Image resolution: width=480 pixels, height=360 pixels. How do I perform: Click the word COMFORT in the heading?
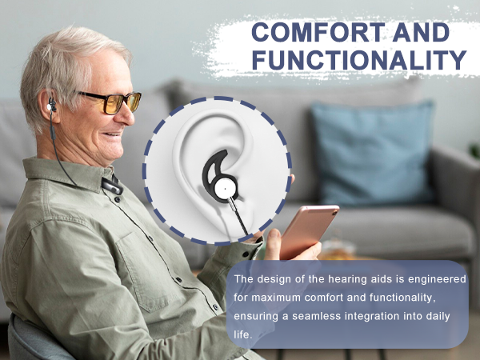tap(318, 32)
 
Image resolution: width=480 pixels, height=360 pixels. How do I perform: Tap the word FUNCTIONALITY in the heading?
tap(358, 59)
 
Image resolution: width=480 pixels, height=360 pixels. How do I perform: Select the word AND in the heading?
tap(421, 32)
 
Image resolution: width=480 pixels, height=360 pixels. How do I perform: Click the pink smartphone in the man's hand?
tap(308, 230)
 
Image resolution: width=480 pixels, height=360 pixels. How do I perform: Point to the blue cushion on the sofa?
tap(373, 153)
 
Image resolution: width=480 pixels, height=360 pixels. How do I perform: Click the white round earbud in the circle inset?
tap(226, 189)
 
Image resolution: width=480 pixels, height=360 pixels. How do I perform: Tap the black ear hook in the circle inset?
tap(217, 170)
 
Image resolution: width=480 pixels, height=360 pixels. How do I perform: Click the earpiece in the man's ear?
tap(51, 106)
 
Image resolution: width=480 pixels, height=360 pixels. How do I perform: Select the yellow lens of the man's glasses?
tap(111, 103)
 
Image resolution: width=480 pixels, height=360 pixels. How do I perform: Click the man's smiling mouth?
tap(112, 134)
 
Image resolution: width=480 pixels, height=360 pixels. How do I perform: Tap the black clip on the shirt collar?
tap(113, 186)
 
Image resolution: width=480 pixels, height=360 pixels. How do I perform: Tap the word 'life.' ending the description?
tap(243, 334)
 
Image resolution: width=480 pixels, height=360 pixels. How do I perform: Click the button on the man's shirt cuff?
tap(246, 254)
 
